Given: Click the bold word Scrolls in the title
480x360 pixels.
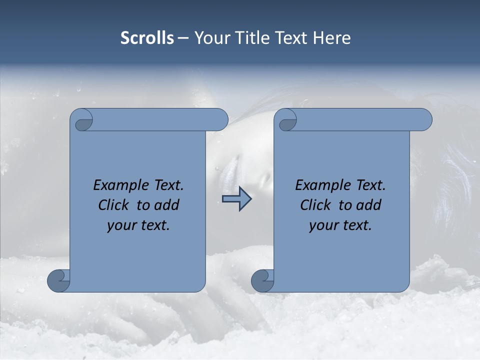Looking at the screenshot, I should (147, 38).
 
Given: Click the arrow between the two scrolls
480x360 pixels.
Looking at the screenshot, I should (236, 199).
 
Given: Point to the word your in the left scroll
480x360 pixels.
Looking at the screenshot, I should (121, 225).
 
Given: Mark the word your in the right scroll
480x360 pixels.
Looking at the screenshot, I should (323, 225).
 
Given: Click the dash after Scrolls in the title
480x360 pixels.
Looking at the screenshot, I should (183, 38).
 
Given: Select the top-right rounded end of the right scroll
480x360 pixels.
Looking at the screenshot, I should (423, 120).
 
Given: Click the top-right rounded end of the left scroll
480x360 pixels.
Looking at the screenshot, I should (219, 120).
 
